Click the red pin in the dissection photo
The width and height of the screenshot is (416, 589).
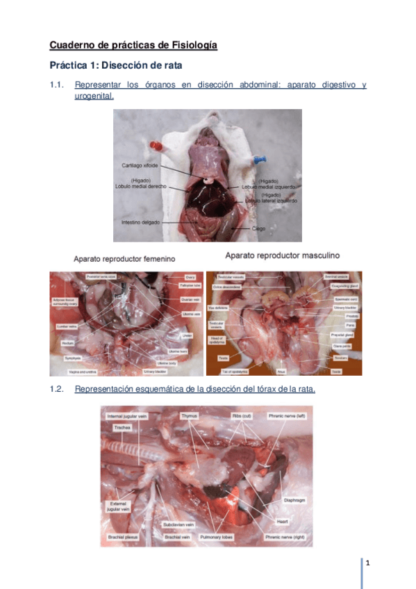[158, 147]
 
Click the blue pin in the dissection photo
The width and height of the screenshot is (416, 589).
[262, 158]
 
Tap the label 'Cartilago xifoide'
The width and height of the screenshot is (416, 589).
[142, 165]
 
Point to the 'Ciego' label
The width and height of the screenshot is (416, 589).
[259, 226]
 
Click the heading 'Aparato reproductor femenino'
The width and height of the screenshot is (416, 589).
[124, 258]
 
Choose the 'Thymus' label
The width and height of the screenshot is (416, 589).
[190, 415]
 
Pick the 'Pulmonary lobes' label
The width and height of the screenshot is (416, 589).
[219, 537]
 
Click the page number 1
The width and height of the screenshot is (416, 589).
[367, 563]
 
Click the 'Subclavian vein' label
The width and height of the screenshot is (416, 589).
[178, 524]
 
